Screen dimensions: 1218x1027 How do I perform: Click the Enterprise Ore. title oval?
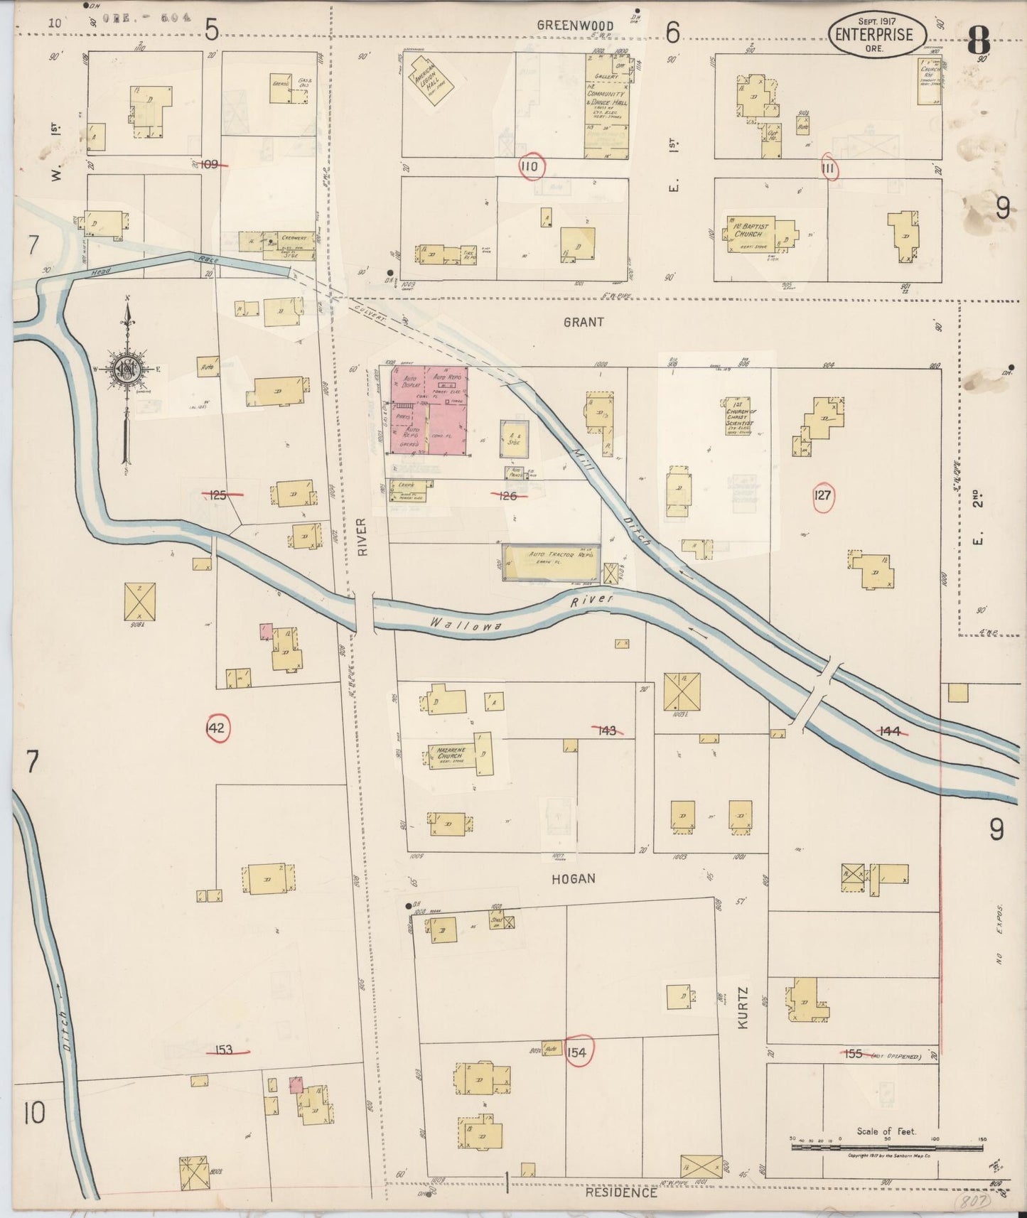click(877, 33)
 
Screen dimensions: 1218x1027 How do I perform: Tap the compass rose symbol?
click(126, 368)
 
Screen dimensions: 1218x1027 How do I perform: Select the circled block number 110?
click(531, 168)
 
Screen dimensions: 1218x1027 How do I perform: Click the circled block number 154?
click(578, 1052)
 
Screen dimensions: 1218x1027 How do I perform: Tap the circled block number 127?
click(822, 497)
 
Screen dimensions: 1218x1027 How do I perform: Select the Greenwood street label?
click(575, 26)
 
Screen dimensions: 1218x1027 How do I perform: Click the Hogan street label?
click(573, 879)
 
